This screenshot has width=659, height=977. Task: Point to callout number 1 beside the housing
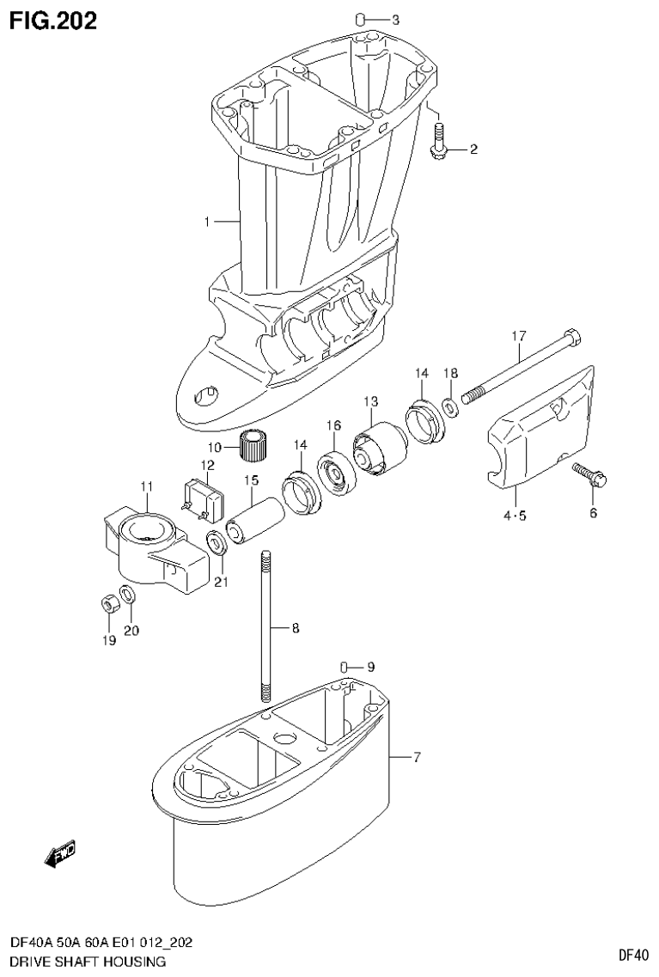click(207, 198)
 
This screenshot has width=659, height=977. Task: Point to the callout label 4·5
click(515, 516)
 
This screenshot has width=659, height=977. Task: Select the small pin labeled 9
click(343, 667)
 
